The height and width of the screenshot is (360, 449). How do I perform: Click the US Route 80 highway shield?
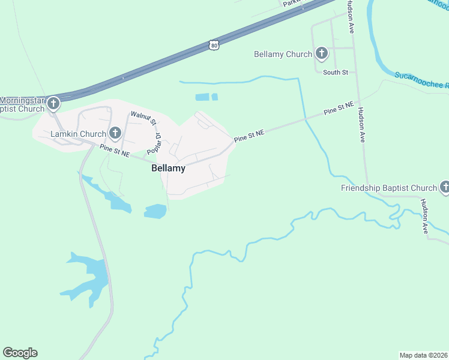(x=214, y=44)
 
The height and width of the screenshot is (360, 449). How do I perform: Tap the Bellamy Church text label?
(x=283, y=54)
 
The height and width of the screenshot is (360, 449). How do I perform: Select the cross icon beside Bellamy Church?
(x=322, y=54)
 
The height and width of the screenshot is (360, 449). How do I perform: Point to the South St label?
(x=336, y=73)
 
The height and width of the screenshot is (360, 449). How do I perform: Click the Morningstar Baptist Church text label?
(x=23, y=104)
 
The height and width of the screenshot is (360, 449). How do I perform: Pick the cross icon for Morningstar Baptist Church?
(x=53, y=104)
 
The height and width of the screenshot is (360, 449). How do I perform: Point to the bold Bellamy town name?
(x=168, y=169)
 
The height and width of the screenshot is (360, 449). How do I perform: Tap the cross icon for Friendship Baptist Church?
(x=445, y=188)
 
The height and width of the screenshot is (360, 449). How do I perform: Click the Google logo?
(x=20, y=353)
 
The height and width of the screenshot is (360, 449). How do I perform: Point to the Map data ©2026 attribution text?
(x=423, y=355)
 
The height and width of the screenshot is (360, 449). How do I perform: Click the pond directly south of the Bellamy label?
(x=155, y=211)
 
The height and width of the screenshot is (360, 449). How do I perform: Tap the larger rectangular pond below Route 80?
(x=202, y=97)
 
